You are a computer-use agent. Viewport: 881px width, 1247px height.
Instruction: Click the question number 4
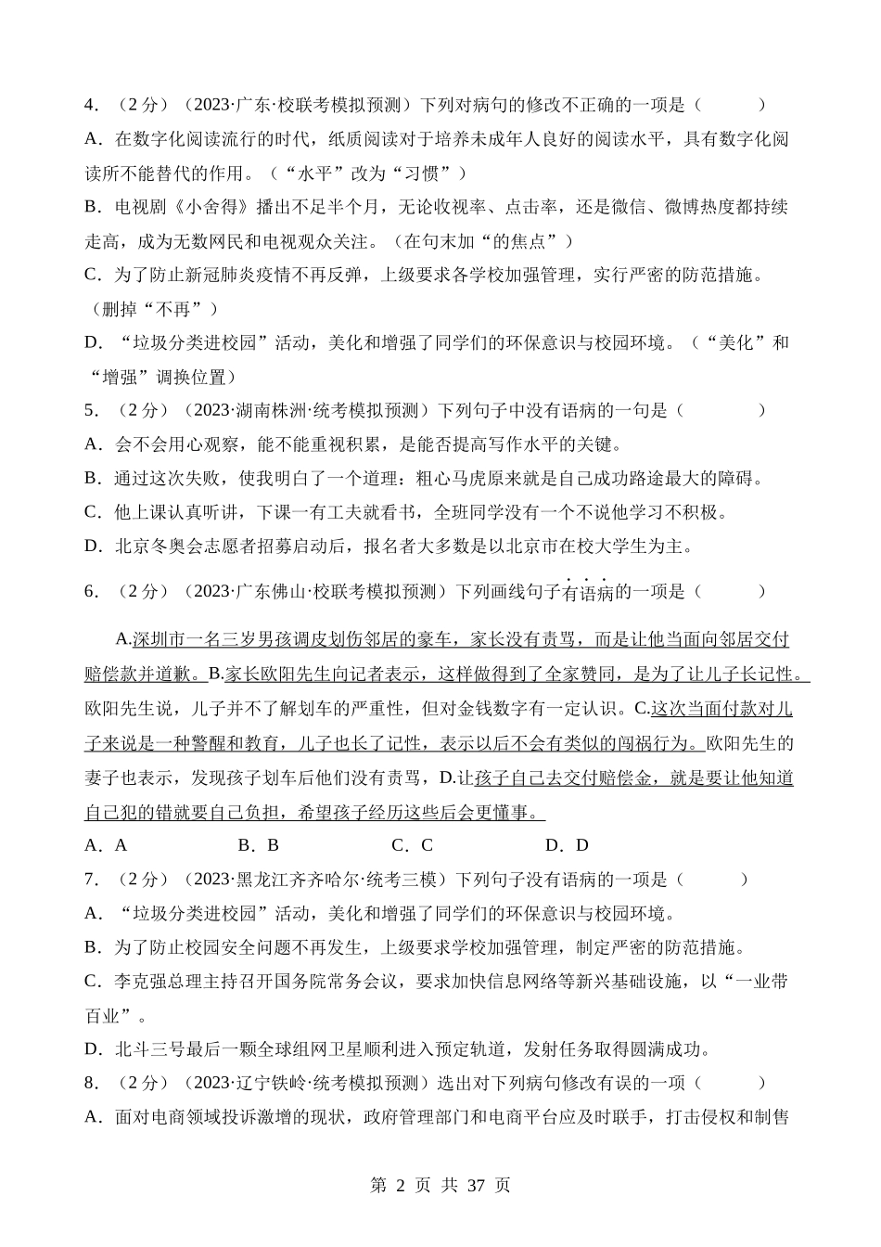[x=90, y=106]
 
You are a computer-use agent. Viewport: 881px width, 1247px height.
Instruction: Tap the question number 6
[x=90, y=591]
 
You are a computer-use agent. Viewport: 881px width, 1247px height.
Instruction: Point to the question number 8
[x=90, y=1083]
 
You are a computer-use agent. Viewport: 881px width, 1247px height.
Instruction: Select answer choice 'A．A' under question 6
[x=106, y=845]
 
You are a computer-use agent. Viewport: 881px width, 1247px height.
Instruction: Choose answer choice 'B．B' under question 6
[x=259, y=845]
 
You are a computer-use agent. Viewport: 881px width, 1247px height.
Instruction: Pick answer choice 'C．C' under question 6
[x=413, y=845]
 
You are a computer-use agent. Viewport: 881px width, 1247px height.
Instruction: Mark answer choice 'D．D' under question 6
[x=567, y=845]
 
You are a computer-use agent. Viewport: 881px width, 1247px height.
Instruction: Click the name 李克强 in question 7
[x=140, y=982]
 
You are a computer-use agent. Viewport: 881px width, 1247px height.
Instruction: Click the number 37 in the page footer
[x=477, y=1186]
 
